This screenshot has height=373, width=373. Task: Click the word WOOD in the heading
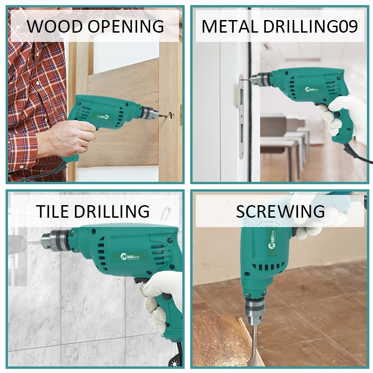(x=55, y=26)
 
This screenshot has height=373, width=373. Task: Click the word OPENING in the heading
(x=126, y=26)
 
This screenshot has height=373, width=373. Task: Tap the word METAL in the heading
(x=229, y=26)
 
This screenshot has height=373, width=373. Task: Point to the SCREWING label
(x=280, y=211)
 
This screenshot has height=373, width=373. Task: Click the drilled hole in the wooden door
(x=171, y=115)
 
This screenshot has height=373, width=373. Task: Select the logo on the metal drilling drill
(x=311, y=90)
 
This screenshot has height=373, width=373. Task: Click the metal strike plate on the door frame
(x=241, y=117)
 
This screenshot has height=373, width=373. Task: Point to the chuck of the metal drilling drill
(x=260, y=79)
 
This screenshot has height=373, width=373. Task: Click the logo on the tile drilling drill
(x=130, y=256)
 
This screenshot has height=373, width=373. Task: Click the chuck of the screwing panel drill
(x=255, y=311)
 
